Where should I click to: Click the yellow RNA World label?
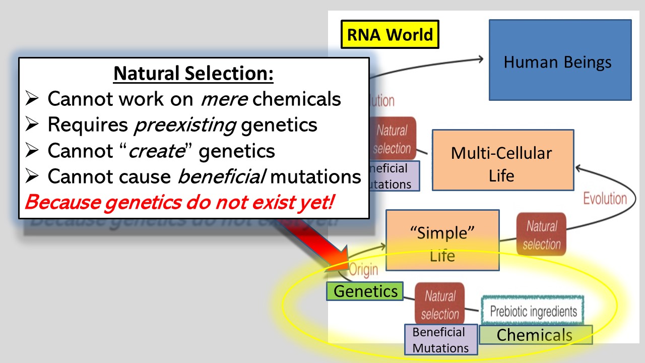390,34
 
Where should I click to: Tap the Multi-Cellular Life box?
503,160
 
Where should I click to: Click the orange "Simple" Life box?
442,240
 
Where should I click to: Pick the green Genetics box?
365,291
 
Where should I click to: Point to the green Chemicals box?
535,335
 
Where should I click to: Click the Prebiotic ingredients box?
533,310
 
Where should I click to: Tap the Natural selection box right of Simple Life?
541,234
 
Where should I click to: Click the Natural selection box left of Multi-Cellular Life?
392,139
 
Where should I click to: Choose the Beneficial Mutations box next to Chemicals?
441,340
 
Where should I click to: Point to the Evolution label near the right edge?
605,198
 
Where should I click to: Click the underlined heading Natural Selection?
193,74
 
